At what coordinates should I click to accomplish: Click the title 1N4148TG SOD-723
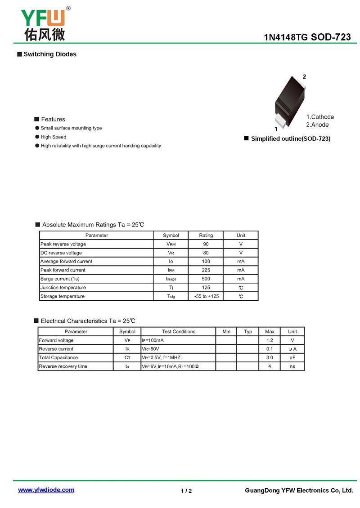click(x=307, y=37)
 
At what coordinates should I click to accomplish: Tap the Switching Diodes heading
click(x=50, y=54)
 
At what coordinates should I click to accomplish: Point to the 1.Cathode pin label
click(x=320, y=117)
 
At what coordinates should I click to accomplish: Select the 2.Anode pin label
click(x=317, y=125)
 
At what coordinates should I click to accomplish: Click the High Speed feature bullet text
click(x=54, y=137)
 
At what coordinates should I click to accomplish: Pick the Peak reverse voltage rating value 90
click(x=206, y=244)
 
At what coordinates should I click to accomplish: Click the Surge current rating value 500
click(x=206, y=279)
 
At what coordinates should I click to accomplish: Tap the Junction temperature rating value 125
click(x=206, y=288)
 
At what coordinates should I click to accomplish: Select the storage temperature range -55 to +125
click(x=206, y=296)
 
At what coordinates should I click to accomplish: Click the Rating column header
click(x=206, y=235)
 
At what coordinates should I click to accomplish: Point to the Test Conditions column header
click(x=179, y=332)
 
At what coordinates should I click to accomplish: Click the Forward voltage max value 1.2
click(x=270, y=340)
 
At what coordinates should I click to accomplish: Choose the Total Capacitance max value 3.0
click(x=270, y=358)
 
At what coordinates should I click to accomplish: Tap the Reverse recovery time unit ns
click(x=292, y=366)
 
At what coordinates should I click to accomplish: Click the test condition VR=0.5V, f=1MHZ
click(x=161, y=358)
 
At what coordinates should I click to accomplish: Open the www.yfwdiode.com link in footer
click(x=46, y=490)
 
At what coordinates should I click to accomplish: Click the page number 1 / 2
click(x=186, y=491)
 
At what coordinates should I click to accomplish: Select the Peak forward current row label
click(x=63, y=270)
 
